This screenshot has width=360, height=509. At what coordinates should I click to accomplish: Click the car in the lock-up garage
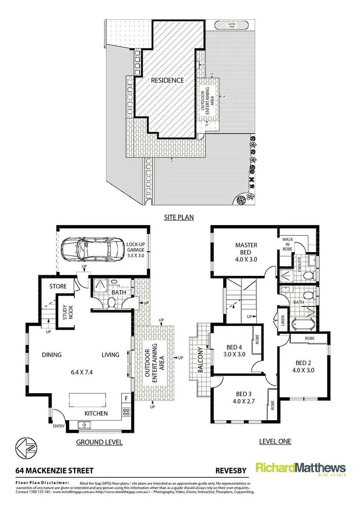(91, 248)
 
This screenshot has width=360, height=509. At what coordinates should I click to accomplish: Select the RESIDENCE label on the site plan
(168, 80)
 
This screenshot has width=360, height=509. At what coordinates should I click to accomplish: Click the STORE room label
(58, 287)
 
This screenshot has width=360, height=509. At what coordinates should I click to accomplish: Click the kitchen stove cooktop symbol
(127, 412)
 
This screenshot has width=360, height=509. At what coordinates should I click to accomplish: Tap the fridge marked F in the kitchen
(126, 398)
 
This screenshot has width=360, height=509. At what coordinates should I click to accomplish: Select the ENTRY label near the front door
(59, 426)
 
